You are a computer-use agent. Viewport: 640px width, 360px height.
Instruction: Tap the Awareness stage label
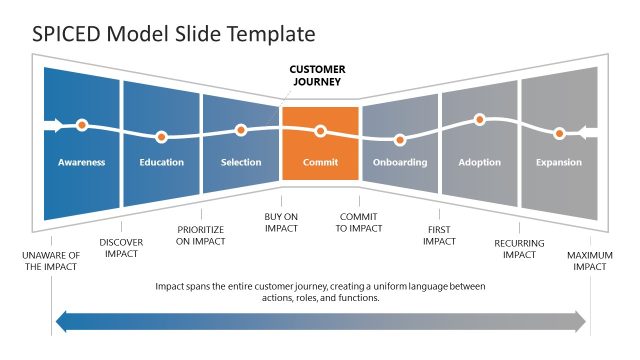tap(81, 162)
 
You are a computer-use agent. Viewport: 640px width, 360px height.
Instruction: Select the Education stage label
tap(161, 162)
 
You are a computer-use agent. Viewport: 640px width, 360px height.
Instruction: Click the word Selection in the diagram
tap(240, 162)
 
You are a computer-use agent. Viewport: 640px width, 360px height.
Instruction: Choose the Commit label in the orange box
tap(320, 162)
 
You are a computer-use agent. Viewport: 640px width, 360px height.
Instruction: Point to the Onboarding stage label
tap(399, 162)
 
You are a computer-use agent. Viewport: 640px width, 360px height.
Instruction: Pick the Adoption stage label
tap(479, 162)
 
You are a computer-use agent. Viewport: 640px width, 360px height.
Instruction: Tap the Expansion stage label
tap(559, 162)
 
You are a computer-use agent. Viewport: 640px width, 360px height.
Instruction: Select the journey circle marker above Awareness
tap(82, 126)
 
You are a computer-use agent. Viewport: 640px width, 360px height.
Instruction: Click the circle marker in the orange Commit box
tap(320, 130)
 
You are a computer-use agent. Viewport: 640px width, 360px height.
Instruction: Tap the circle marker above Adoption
tap(479, 119)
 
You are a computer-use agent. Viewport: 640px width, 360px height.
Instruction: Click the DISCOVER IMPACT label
tap(121, 248)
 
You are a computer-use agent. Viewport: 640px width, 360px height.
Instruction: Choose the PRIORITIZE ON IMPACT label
tap(200, 234)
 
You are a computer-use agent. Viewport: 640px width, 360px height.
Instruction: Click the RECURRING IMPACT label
tap(519, 248)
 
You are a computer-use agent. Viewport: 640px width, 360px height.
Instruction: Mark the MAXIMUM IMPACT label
tap(590, 262)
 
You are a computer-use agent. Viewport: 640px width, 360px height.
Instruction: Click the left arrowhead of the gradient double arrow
tap(62, 321)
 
